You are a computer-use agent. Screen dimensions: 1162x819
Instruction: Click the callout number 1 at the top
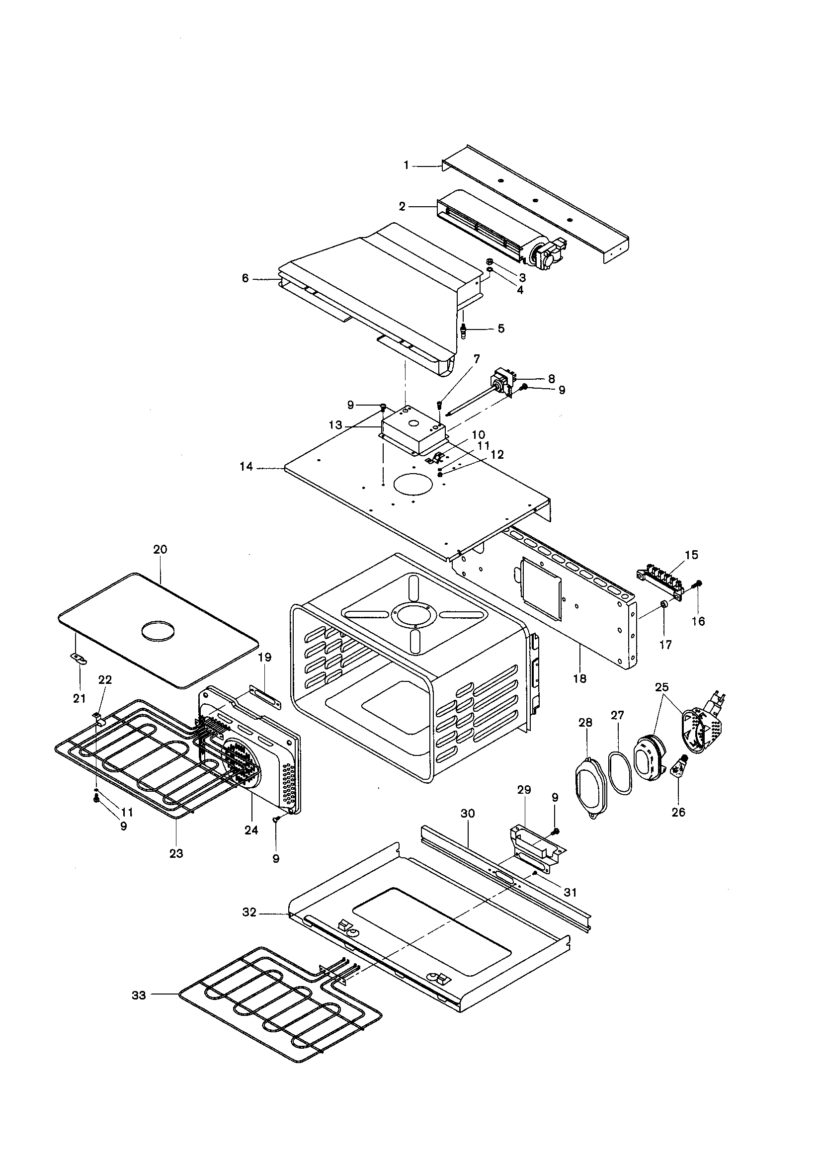[x=406, y=165]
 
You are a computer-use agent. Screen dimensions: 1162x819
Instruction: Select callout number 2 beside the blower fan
[x=402, y=206]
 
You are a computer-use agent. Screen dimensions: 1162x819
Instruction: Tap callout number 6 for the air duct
[x=246, y=278]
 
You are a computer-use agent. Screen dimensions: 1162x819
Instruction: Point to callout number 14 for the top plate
[x=246, y=467]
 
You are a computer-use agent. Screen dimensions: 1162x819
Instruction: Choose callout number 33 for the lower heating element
[x=139, y=996]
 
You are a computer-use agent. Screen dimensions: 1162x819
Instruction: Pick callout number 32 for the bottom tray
[x=249, y=913]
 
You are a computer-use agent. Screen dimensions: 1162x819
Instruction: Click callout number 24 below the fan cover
[x=251, y=830]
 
